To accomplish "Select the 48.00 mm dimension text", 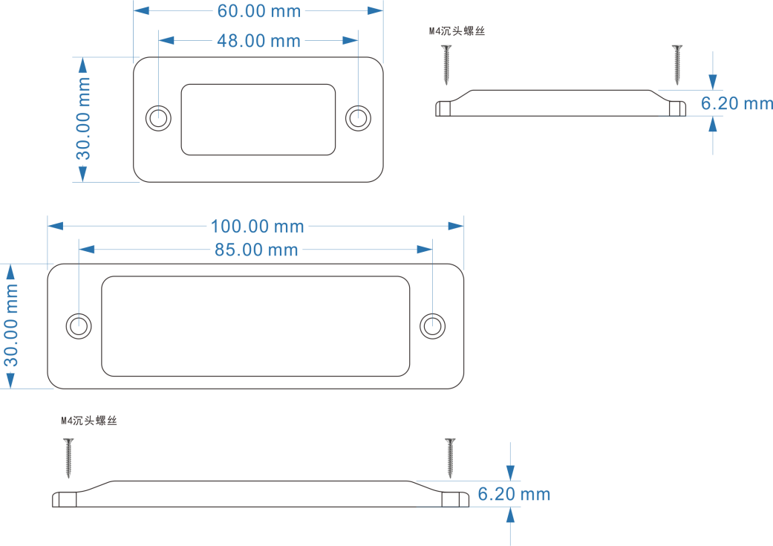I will coord(258,41).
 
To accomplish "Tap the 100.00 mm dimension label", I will coord(257,226).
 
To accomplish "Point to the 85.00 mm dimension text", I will coord(256,250).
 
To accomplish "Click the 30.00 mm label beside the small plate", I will coord(83,119).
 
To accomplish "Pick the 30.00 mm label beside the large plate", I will coord(11,325).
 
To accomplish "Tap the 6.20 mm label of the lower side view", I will coord(514,494).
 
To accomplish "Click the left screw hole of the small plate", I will coord(158,117).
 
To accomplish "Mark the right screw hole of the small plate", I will coord(359,117).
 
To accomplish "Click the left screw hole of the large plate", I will coord(79,325).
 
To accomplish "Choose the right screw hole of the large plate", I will coord(432,325).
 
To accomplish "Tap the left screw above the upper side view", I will coord(446,64).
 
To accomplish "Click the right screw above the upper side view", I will coord(676,64).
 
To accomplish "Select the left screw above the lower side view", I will coord(68,458).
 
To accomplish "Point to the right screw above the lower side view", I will coord(450,458).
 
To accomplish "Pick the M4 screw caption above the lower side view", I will coord(89,421).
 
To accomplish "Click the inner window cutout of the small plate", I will coord(258,120).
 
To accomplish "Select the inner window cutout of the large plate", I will coord(255,326).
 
